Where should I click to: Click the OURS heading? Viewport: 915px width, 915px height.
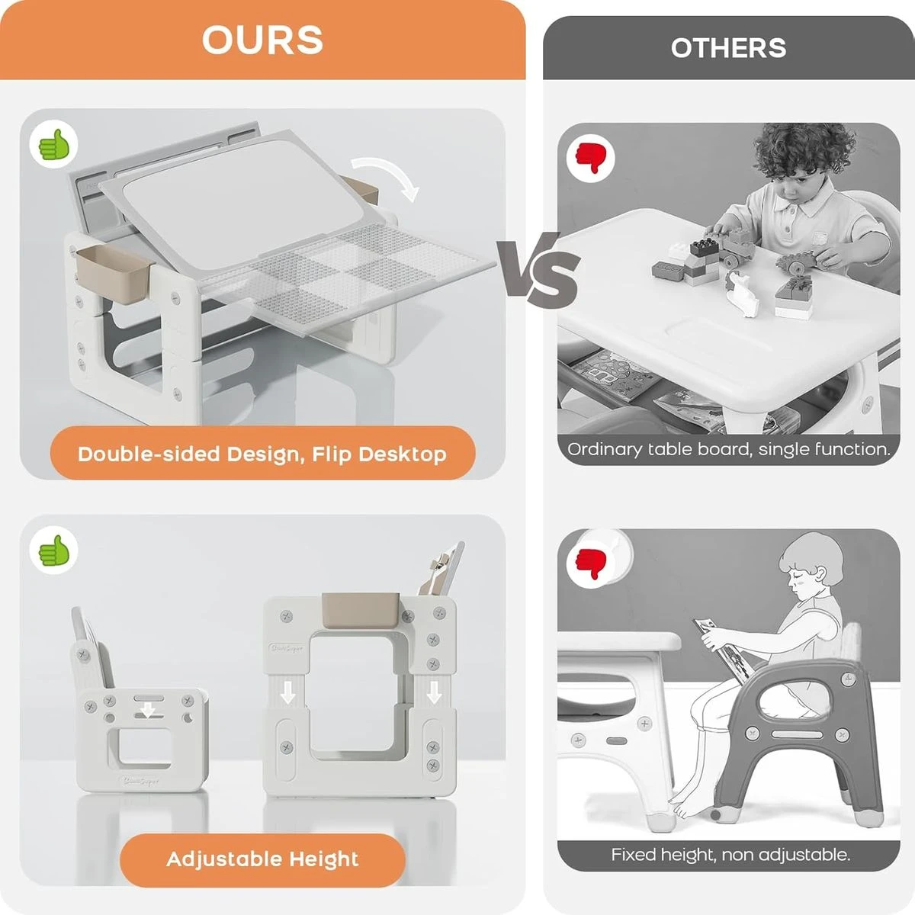(x=262, y=40)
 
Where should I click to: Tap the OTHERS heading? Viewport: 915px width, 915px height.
(x=728, y=48)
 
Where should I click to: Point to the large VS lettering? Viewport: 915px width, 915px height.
(x=538, y=270)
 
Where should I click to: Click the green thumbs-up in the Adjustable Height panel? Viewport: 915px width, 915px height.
(x=54, y=551)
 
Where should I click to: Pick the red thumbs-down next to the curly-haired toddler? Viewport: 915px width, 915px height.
(x=590, y=158)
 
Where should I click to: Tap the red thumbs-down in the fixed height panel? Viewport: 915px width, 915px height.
(x=590, y=564)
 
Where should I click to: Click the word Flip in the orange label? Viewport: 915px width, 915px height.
(x=331, y=454)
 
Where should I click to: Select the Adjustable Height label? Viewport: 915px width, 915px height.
(x=262, y=859)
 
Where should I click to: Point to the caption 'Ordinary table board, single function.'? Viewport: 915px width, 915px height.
(x=728, y=449)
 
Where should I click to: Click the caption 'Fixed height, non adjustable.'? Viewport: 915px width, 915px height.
(x=730, y=855)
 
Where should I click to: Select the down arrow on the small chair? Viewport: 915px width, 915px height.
(x=148, y=711)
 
